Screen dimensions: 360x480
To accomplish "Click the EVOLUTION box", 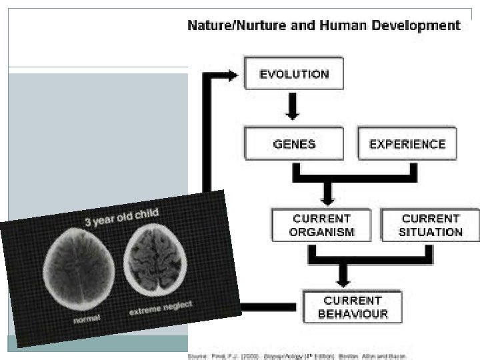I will click(x=293, y=73).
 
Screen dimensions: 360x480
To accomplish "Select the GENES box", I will click(x=294, y=144).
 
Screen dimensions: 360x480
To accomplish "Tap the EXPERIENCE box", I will click(x=407, y=144).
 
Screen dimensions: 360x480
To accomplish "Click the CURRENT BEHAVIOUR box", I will click(x=353, y=307).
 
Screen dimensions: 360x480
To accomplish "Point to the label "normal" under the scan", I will click(x=87, y=319).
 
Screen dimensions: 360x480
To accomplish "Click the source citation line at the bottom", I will click(x=297, y=356).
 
